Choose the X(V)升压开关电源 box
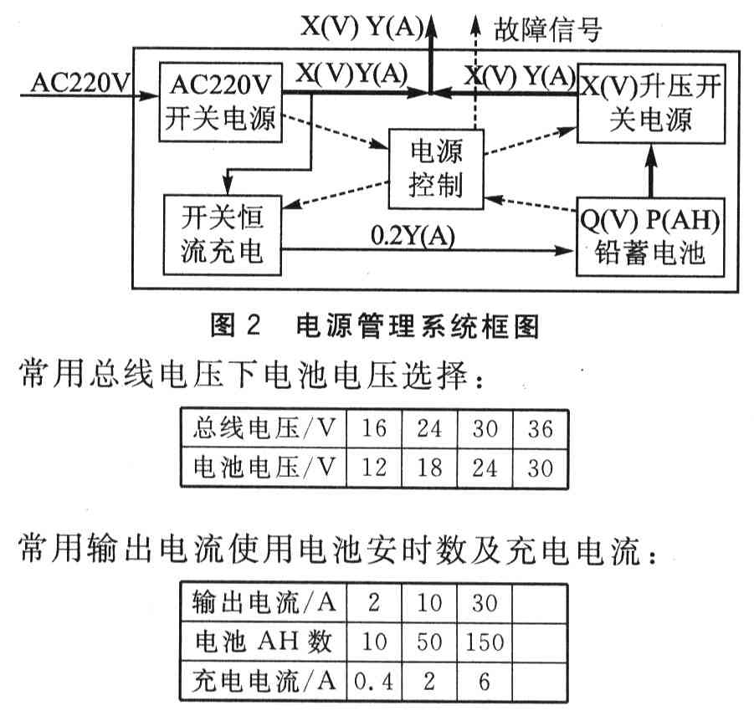[x=650, y=105]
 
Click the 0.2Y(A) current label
[x=413, y=236]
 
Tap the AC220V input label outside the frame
[x=81, y=83]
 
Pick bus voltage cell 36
[x=541, y=430]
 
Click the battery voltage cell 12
[x=374, y=467]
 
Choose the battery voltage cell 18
[x=429, y=467]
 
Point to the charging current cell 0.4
[x=374, y=682]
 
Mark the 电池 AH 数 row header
[x=261, y=642]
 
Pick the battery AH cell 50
[x=429, y=642]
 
